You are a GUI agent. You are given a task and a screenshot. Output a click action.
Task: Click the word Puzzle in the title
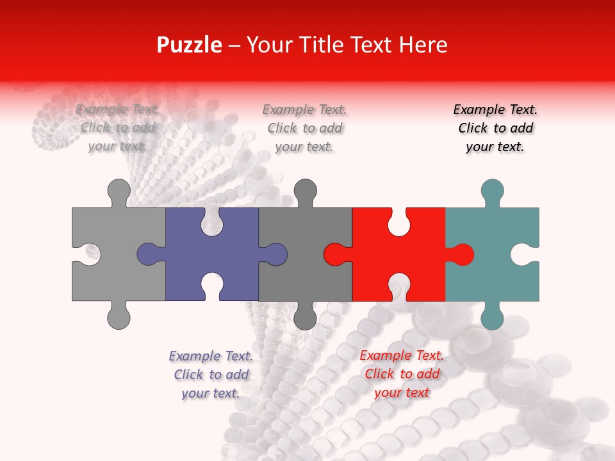coord(190,45)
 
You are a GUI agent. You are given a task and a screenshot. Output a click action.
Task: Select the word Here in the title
coord(423,45)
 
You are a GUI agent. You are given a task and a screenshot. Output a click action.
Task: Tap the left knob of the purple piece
coord(149,254)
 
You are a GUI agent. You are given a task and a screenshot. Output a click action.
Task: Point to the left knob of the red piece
coord(335,254)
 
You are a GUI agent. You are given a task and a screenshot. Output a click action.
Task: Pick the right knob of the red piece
coord(463,254)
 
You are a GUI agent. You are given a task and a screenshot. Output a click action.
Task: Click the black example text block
coord(495,128)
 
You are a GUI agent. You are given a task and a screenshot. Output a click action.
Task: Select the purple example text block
coord(211,375)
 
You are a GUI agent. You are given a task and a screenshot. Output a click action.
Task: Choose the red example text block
coord(402,374)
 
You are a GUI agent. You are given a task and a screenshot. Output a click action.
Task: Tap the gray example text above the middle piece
coord(304,128)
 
